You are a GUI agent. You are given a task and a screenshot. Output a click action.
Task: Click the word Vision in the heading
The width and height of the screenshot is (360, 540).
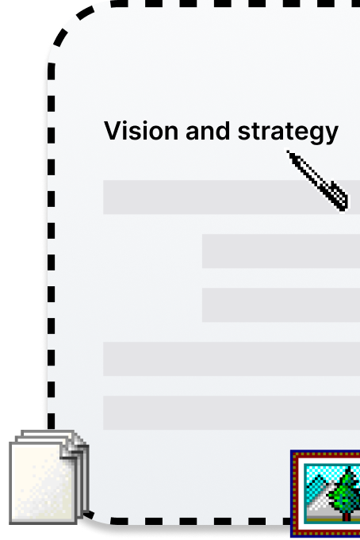[141, 131]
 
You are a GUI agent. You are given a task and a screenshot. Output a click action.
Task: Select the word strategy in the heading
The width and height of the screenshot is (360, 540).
[288, 132]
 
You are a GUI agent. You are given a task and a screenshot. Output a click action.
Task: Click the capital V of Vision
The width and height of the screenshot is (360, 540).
[113, 131]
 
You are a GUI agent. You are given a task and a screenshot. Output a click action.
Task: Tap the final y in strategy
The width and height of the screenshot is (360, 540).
[331, 135]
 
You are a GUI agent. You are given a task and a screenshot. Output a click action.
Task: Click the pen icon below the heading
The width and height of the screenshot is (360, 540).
[317, 181]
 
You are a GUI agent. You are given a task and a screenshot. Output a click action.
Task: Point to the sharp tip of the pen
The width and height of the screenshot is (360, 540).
[287, 151]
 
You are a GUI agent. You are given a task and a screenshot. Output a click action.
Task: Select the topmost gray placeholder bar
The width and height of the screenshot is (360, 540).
[232, 197]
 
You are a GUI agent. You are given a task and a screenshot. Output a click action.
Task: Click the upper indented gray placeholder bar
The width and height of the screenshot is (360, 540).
[281, 251]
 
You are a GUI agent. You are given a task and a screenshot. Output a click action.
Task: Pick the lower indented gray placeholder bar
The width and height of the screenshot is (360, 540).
[281, 304]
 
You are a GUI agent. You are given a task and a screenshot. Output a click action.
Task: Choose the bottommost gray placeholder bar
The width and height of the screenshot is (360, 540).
[232, 412]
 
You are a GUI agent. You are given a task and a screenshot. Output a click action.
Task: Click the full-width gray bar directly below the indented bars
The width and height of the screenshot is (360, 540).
[232, 358]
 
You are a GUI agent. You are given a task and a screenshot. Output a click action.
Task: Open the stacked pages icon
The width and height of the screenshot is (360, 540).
[49, 477]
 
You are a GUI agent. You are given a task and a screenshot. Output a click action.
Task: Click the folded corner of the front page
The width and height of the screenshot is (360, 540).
[69, 450]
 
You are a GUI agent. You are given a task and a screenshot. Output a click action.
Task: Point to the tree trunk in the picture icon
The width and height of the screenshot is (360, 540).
[347, 515]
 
